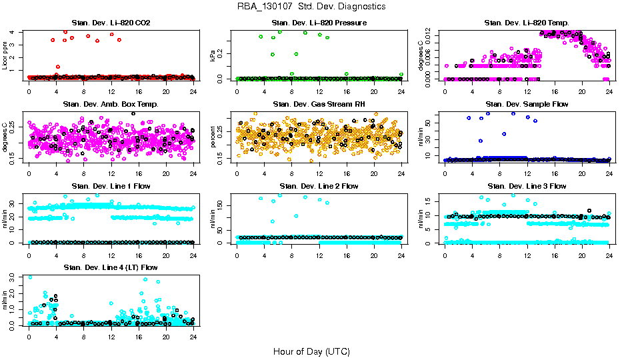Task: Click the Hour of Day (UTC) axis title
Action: point(311,351)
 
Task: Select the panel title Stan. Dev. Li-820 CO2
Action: point(111,23)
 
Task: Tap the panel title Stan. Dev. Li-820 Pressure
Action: point(319,23)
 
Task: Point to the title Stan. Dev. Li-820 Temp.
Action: point(527,23)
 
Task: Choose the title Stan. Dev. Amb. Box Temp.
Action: point(111,105)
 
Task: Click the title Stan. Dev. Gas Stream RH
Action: point(319,105)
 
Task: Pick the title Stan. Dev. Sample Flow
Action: point(527,105)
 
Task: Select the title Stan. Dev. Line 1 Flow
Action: point(111,186)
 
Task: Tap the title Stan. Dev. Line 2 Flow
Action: point(319,186)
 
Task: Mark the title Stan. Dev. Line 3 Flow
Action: point(527,186)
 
